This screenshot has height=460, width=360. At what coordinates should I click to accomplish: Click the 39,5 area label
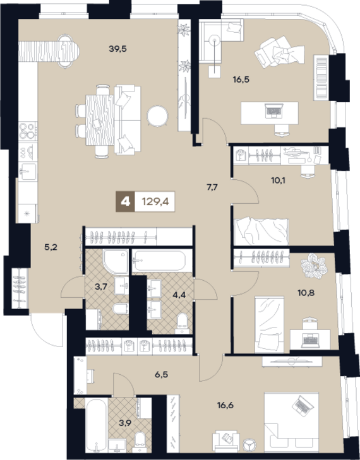tap(117, 49)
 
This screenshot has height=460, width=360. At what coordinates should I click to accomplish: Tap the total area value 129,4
tap(155, 201)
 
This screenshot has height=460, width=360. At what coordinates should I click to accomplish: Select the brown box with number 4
tap(126, 201)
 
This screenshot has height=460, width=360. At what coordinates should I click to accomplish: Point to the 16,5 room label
tap(241, 80)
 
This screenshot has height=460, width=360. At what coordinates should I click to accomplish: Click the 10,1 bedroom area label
tap(278, 180)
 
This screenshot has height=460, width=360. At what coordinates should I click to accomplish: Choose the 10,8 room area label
tap(306, 293)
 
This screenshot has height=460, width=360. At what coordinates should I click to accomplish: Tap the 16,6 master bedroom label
tap(225, 406)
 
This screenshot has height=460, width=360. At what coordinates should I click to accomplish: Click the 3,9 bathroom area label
tap(125, 423)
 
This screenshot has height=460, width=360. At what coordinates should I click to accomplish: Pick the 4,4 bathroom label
tap(179, 295)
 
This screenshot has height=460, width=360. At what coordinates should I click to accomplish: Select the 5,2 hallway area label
tap(51, 247)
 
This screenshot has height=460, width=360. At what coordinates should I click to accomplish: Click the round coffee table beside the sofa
tap(158, 116)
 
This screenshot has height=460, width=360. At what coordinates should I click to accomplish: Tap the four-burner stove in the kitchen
tap(28, 131)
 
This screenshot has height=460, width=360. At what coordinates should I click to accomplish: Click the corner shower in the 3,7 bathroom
tap(116, 262)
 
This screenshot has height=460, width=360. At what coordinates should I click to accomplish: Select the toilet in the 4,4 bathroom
tap(183, 323)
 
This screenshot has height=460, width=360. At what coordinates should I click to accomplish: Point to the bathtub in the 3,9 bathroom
tap(96, 425)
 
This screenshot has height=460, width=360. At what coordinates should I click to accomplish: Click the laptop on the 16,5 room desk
tap(274, 110)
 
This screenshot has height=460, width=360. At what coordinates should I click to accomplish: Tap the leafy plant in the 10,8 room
tap(314, 266)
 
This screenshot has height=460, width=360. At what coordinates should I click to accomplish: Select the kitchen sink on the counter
tap(28, 172)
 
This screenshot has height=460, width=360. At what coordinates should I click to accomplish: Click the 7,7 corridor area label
tap(212, 187)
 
